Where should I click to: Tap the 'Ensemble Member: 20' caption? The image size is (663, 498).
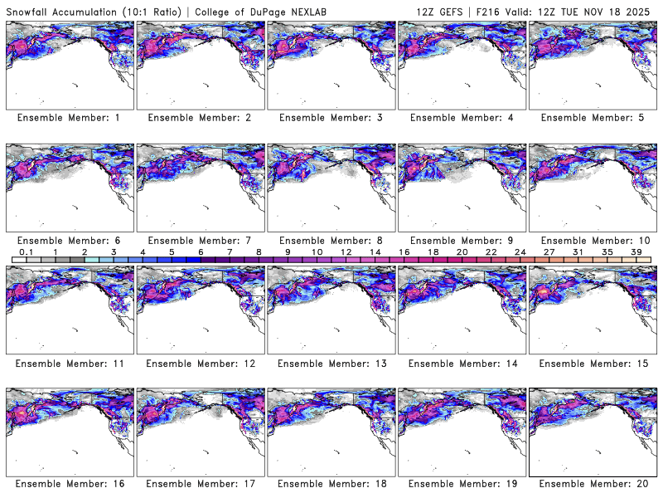click(x=593, y=483)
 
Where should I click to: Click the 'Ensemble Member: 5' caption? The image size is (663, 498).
click(x=593, y=118)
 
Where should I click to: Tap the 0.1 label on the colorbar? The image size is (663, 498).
click(x=26, y=251)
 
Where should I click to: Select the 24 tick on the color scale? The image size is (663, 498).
click(x=520, y=251)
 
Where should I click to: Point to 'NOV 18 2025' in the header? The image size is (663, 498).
click(x=621, y=10)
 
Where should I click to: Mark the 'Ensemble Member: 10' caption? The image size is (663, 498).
click(x=593, y=240)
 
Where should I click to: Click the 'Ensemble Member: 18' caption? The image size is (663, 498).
click(x=331, y=483)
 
